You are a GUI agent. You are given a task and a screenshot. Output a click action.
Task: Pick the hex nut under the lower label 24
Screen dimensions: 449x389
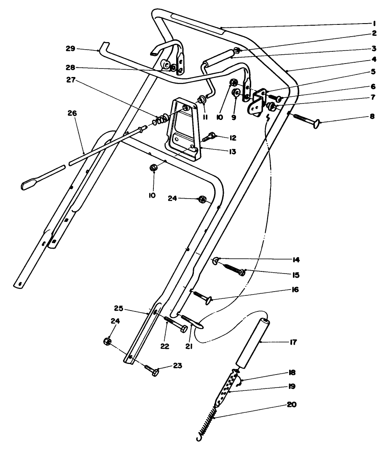click(x=107, y=341)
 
